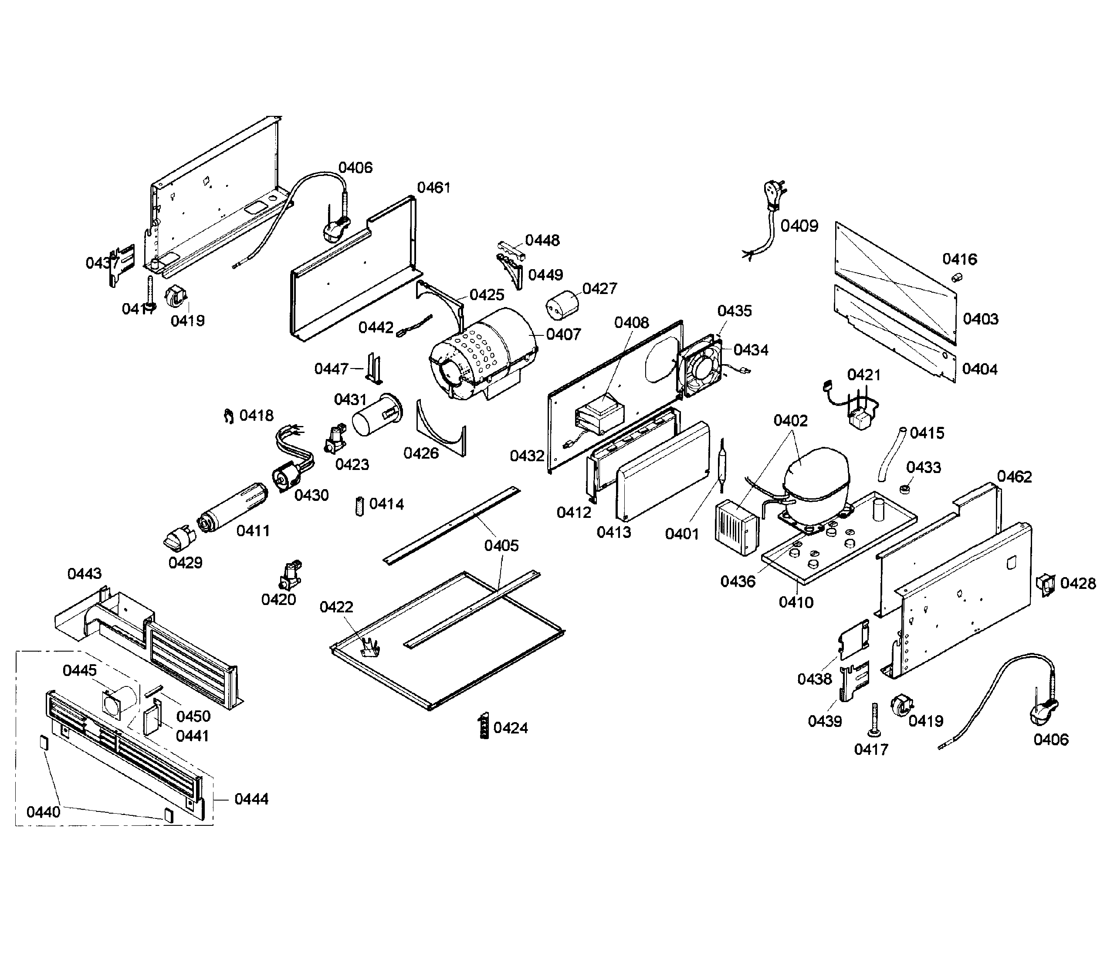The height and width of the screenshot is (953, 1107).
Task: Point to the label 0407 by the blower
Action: click(563, 335)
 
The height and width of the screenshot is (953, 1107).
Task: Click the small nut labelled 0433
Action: click(904, 489)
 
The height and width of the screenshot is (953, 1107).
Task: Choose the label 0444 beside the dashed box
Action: click(251, 799)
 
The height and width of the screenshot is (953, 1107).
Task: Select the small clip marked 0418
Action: click(229, 415)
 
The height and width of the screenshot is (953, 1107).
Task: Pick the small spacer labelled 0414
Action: click(359, 505)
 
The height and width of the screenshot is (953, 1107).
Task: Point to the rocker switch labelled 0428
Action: click(1045, 585)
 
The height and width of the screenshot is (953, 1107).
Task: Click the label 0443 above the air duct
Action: click(85, 574)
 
